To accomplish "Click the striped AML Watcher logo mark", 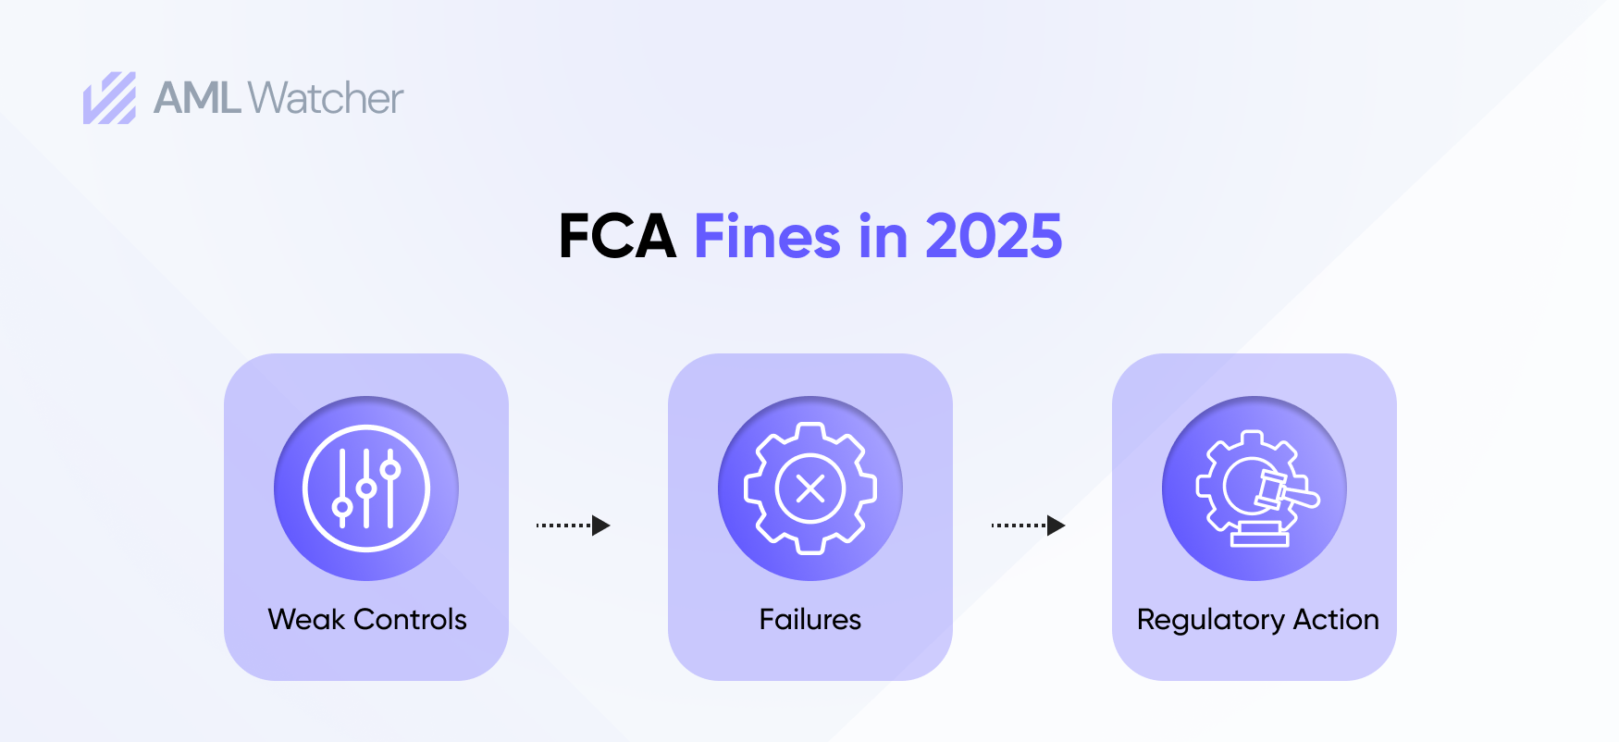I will point(109,98).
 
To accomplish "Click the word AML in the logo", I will point(197,98).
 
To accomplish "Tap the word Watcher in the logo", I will point(326,98).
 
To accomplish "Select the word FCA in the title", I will point(617,237).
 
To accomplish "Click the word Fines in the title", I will point(767,237).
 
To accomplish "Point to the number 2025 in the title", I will point(994,237).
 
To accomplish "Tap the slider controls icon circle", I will point(366,488).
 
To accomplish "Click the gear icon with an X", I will point(810,488).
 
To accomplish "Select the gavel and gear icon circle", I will point(1254,488).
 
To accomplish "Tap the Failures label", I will point(810,619).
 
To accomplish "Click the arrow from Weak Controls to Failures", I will point(573,526).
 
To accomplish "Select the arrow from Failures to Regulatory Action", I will point(1028,526).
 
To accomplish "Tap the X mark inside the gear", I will point(810,488).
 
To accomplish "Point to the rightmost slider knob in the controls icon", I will point(390,469).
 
